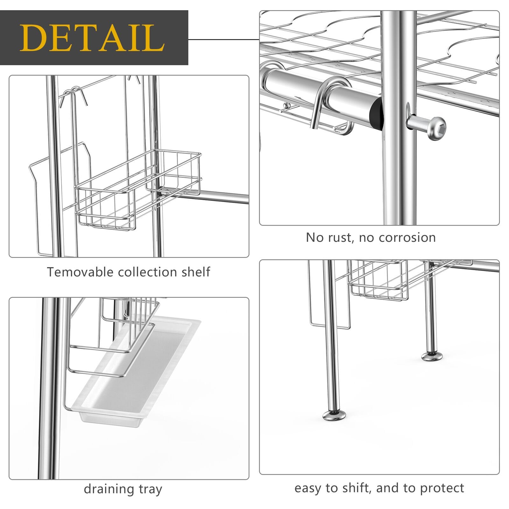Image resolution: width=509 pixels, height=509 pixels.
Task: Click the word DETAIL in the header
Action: (x=92, y=38)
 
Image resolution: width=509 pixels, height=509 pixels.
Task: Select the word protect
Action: (x=442, y=488)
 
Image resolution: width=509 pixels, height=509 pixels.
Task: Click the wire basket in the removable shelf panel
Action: (x=137, y=194)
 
